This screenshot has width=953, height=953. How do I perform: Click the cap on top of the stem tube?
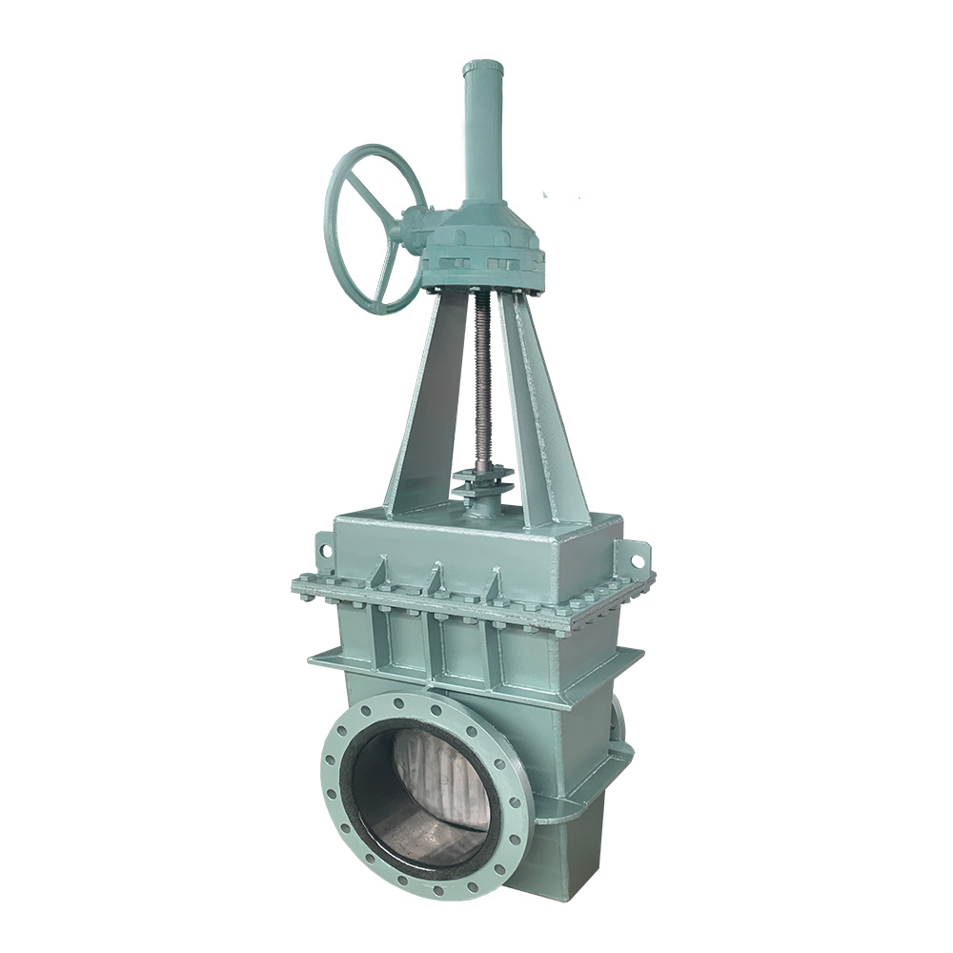[483, 69]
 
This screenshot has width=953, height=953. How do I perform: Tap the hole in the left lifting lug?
[324, 551]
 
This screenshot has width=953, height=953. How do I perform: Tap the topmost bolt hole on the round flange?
[426, 708]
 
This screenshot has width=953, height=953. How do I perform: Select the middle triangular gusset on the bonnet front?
[436, 578]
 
